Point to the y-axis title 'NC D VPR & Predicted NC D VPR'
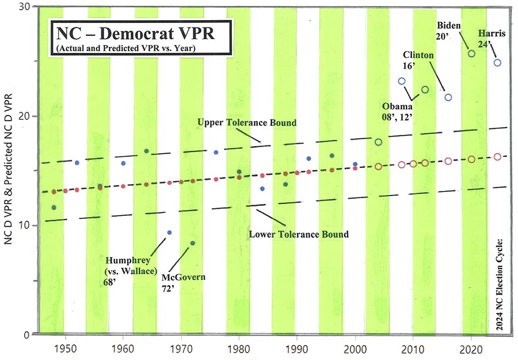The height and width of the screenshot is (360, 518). (10, 178)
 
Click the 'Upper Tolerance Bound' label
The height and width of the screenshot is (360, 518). (247, 123)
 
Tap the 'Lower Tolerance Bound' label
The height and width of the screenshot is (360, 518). (299, 234)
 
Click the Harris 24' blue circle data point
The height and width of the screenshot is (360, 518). (497, 63)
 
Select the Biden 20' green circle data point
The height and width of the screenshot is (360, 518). (471, 53)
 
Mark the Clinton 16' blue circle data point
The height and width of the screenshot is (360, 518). (448, 97)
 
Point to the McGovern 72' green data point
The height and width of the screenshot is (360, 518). (193, 243)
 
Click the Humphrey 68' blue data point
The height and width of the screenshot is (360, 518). (169, 232)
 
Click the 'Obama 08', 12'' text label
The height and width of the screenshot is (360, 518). (398, 110)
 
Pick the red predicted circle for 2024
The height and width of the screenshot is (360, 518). (497, 156)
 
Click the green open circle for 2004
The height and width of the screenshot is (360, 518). (378, 142)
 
